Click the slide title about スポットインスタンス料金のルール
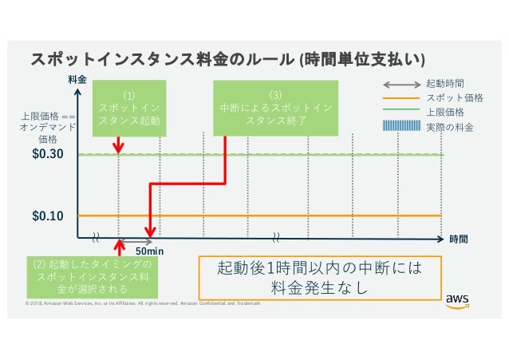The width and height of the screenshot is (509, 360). (x=227, y=60)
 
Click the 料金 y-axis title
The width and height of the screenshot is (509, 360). (x=77, y=81)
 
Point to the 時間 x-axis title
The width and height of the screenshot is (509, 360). (x=458, y=238)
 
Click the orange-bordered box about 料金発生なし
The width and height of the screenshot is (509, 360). (x=319, y=276)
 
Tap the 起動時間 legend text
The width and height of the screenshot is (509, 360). (x=445, y=83)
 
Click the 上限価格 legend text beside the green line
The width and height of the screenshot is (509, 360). (x=445, y=112)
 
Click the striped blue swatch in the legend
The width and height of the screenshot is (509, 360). (x=403, y=126)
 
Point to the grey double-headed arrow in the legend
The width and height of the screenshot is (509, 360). (x=403, y=83)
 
